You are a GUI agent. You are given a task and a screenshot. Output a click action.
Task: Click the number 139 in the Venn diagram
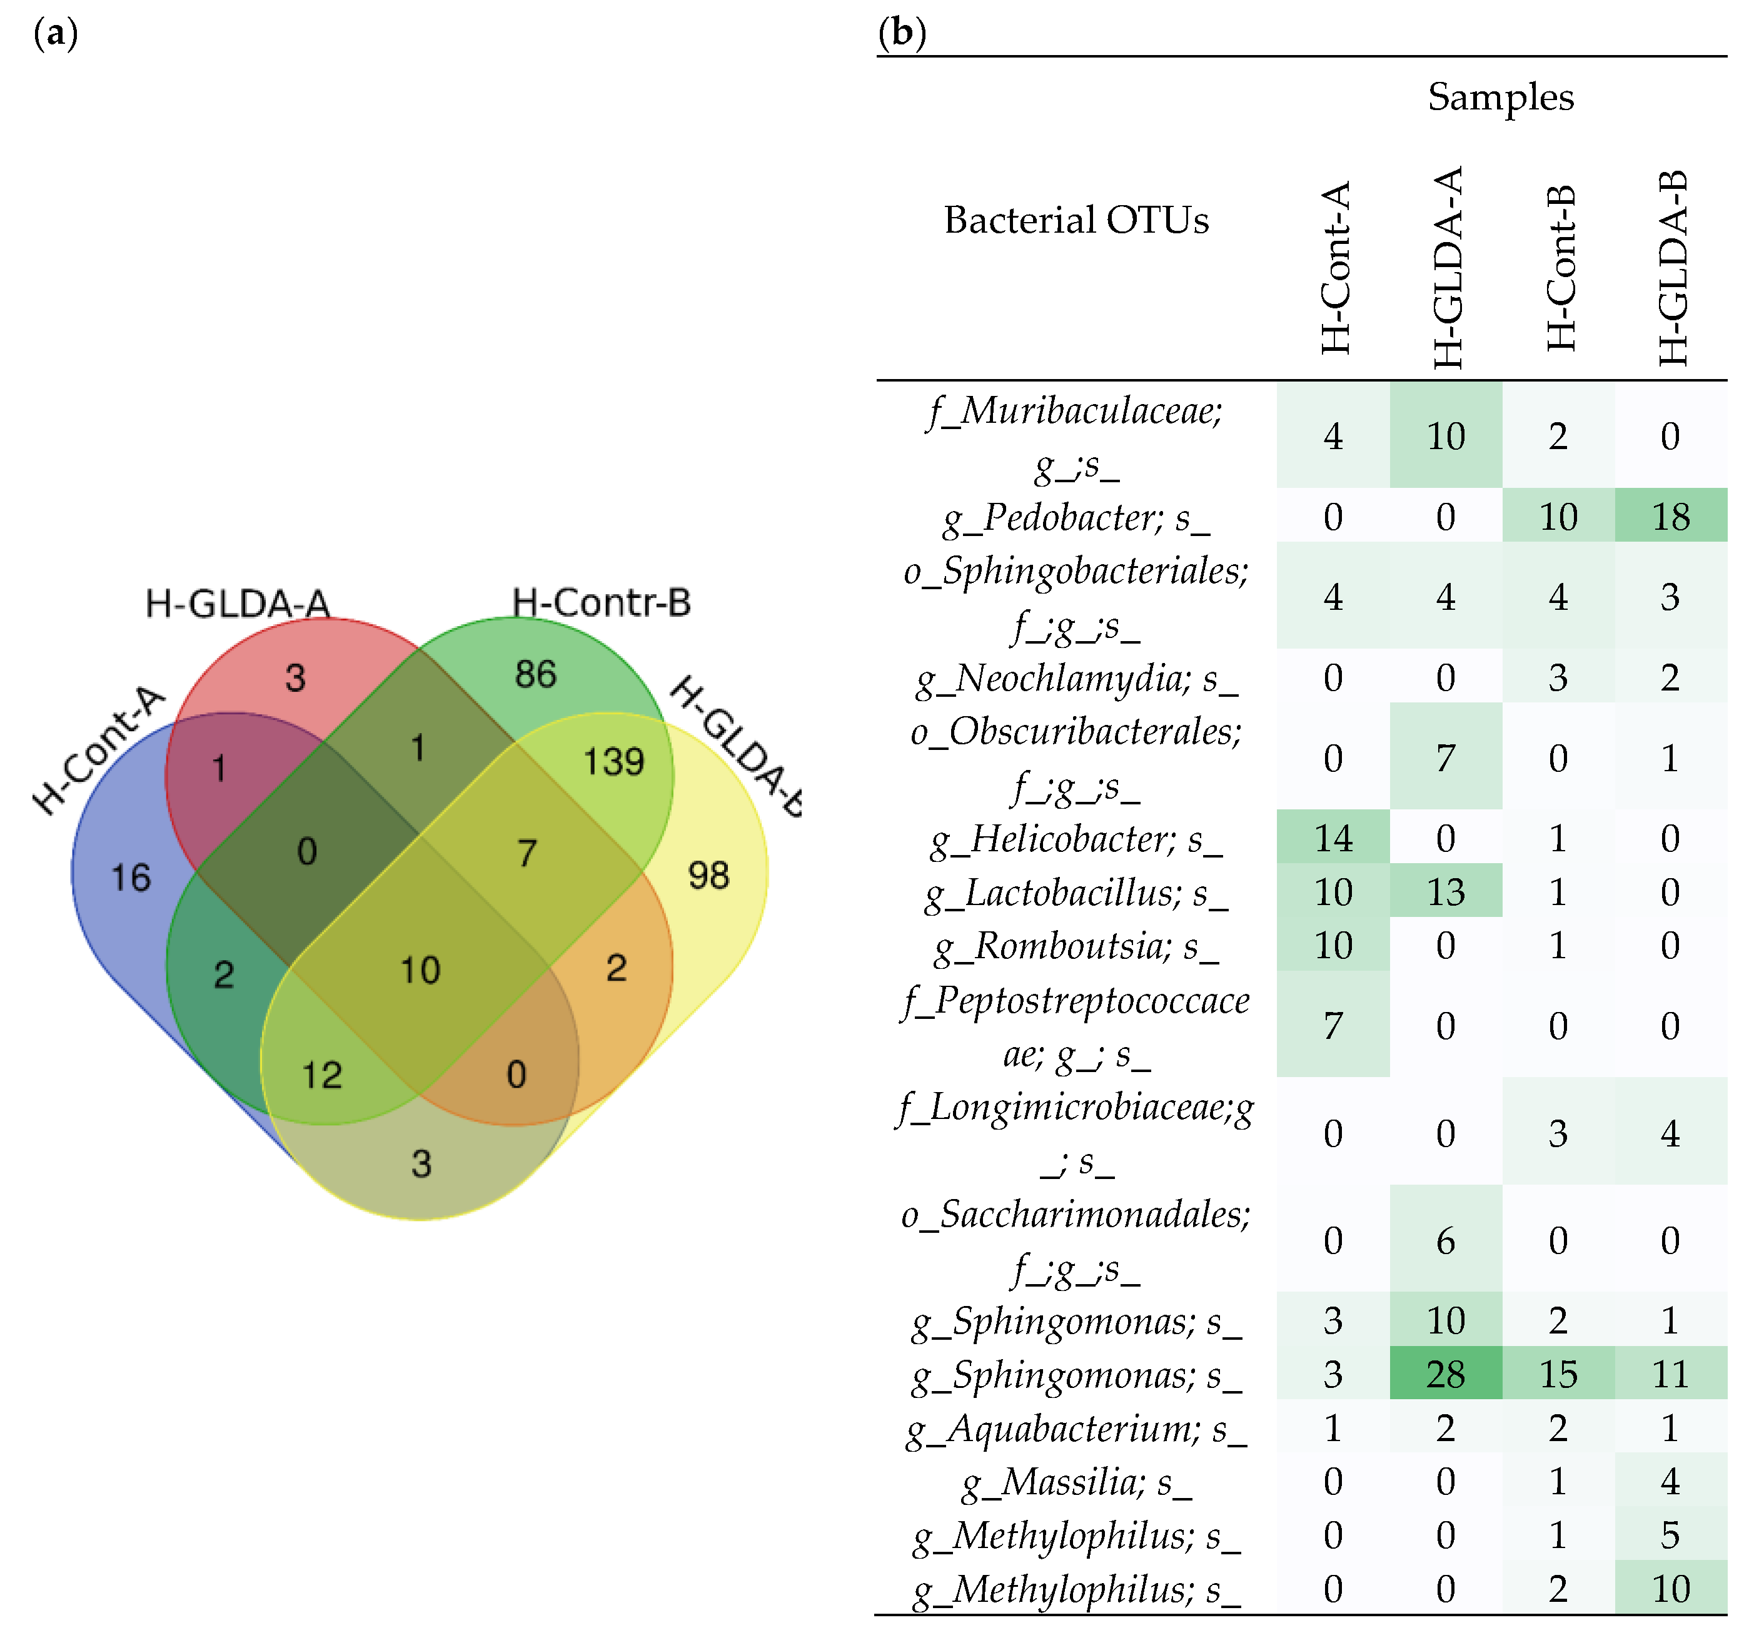[614, 761]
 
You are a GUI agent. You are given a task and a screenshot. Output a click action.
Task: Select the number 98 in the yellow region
[708, 876]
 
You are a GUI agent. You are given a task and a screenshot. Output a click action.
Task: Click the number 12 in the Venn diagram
[321, 1075]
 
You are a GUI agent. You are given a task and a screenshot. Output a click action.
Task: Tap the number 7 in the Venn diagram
[526, 853]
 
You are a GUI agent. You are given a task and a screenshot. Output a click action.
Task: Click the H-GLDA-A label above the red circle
[238, 604]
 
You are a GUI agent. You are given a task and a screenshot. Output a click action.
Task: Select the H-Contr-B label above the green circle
[602, 603]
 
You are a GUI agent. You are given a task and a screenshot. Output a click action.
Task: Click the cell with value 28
[1446, 1374]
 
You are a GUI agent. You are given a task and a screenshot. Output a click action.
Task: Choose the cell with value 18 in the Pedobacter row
[1670, 517]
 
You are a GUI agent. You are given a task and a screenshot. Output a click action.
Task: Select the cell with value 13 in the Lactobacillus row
[1446, 892]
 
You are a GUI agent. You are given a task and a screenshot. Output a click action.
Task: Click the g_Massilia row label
[1077, 1482]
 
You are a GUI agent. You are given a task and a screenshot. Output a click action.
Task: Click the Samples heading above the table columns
[1500, 97]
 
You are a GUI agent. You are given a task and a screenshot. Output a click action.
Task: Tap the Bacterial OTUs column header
[1076, 220]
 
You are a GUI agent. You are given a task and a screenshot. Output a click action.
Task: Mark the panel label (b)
[902, 33]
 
